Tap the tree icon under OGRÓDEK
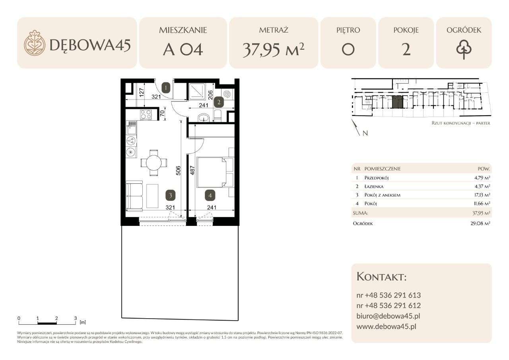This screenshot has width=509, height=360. click(464, 50)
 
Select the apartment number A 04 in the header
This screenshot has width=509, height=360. click(183, 50)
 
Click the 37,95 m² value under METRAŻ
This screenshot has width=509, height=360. click(273, 50)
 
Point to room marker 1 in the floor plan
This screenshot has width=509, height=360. click(166, 88)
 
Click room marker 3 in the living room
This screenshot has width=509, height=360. click(171, 195)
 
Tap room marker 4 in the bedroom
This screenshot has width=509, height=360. click(210, 195)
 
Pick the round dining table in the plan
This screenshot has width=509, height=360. click(153, 163)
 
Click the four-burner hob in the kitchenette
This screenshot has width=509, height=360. click(146, 115)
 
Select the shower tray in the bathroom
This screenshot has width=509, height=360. click(198, 91)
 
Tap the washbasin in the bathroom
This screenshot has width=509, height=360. click(205, 118)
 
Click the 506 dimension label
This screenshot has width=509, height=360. click(179, 171)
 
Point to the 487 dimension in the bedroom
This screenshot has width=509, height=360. click(192, 171)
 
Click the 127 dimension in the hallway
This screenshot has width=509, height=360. click(142, 93)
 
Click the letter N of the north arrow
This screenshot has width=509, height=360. click(365, 133)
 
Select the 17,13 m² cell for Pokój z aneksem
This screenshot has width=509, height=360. click(484, 195)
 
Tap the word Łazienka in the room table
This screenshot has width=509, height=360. click(374, 186)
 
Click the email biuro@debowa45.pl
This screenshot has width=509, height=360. click(388, 316)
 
